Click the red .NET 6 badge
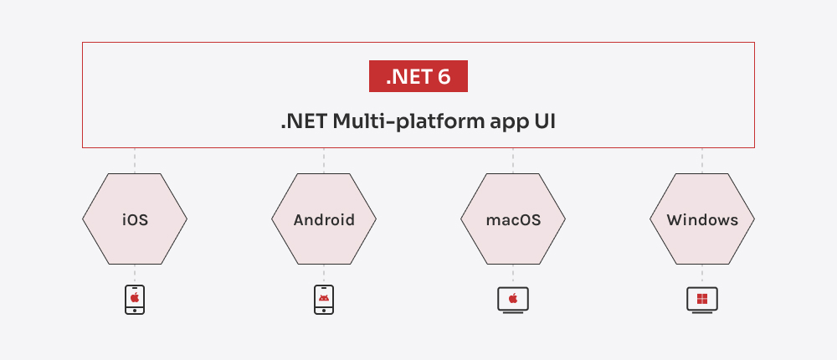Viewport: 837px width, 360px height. point(418,76)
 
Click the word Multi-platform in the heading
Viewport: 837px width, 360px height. point(408,122)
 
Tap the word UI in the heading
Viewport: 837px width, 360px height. point(545,121)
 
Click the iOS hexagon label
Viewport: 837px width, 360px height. point(135,219)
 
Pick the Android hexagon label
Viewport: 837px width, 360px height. point(324,219)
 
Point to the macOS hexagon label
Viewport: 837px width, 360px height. point(513,219)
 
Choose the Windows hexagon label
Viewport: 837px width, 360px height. point(702,219)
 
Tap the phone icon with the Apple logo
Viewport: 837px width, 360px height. point(135,300)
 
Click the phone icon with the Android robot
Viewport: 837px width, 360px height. point(324,300)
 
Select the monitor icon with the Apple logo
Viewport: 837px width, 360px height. point(513,301)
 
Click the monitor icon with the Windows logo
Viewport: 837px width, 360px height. point(702,301)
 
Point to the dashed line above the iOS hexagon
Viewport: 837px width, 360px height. point(135,161)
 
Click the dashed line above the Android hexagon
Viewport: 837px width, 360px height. point(324,161)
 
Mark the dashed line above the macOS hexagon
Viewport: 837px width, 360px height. point(513,161)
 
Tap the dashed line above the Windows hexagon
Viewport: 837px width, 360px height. point(702,161)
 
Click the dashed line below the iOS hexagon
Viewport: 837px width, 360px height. point(135,274)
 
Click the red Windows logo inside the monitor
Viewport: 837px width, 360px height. point(702,299)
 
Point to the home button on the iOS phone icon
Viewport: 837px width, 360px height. point(135,311)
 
